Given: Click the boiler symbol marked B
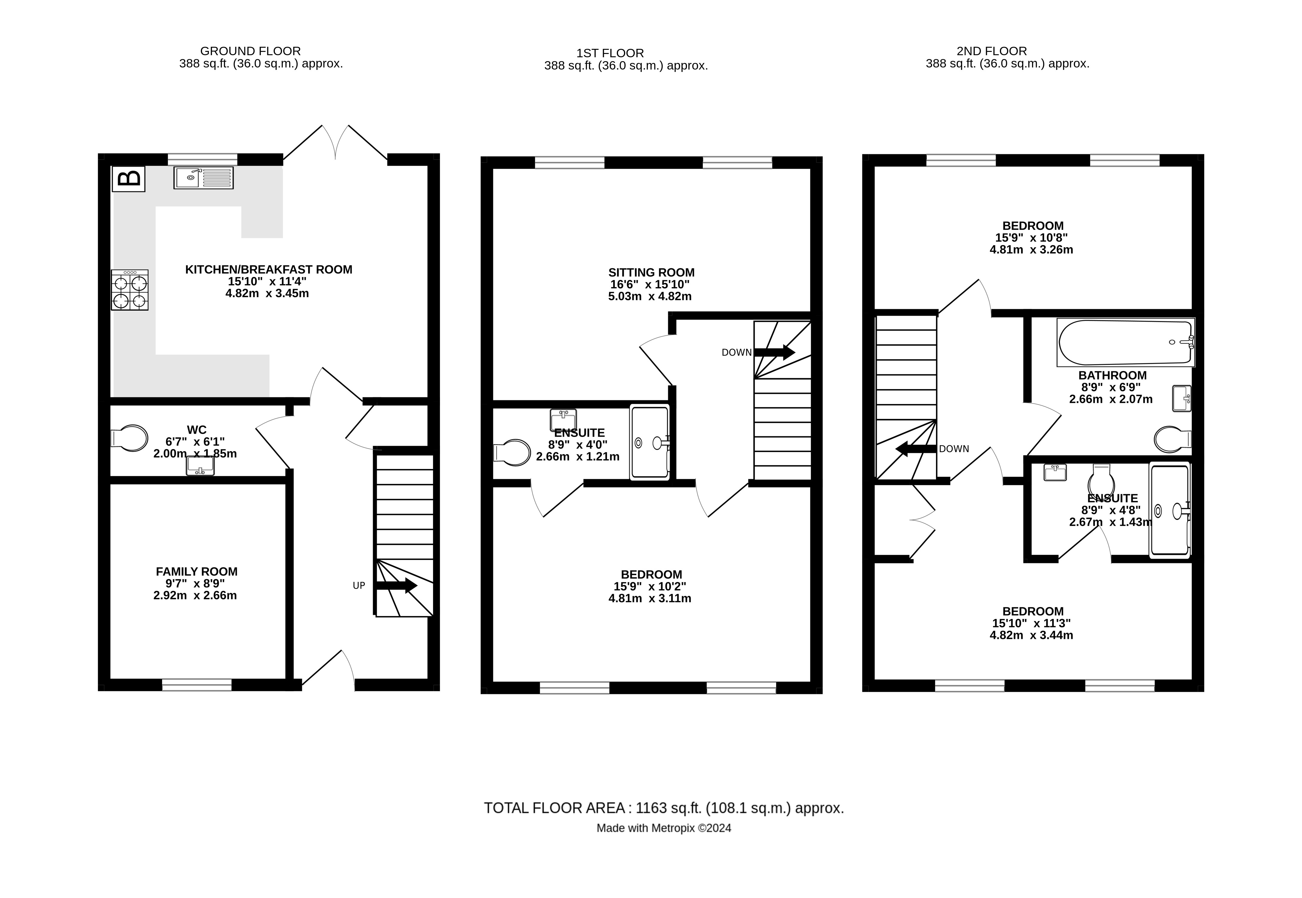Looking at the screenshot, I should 129,179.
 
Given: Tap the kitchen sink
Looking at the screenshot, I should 203,178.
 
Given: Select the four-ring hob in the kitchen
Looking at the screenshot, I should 130,290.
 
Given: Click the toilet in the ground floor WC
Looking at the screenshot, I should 130,438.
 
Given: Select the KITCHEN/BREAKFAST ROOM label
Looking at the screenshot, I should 268,269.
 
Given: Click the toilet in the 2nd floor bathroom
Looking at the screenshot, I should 1172,439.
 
